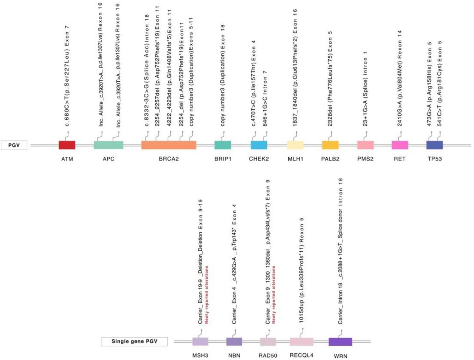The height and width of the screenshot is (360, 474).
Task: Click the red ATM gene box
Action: tap(67, 145)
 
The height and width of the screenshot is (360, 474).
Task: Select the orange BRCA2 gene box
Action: tap(169, 145)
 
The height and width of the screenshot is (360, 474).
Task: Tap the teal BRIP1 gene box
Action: tap(223, 145)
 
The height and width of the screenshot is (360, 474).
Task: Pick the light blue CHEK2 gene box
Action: tap(259, 145)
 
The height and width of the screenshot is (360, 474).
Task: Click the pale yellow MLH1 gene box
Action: tap(295, 145)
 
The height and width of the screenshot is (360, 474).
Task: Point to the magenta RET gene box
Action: tap(400, 145)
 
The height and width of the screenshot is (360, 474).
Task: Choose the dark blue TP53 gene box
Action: tap(434, 145)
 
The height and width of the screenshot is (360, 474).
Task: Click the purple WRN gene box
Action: tap(340, 342)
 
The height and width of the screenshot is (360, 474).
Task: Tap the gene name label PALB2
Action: tap(330, 159)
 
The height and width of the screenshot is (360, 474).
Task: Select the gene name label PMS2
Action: tap(365, 159)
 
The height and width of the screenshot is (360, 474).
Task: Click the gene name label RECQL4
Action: tap(301, 355)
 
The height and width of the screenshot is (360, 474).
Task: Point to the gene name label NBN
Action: tap(234, 356)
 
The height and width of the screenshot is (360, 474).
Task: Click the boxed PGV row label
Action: tap(14, 145)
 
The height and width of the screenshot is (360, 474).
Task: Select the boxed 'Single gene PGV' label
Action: tap(134, 342)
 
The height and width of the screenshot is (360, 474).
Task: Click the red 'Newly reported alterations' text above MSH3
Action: tap(207, 295)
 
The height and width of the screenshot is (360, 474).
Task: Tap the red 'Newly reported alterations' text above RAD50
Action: tap(273, 295)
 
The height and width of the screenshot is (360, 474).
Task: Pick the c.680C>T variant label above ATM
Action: tap(67, 76)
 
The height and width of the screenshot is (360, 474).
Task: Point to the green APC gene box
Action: tap(108, 145)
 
